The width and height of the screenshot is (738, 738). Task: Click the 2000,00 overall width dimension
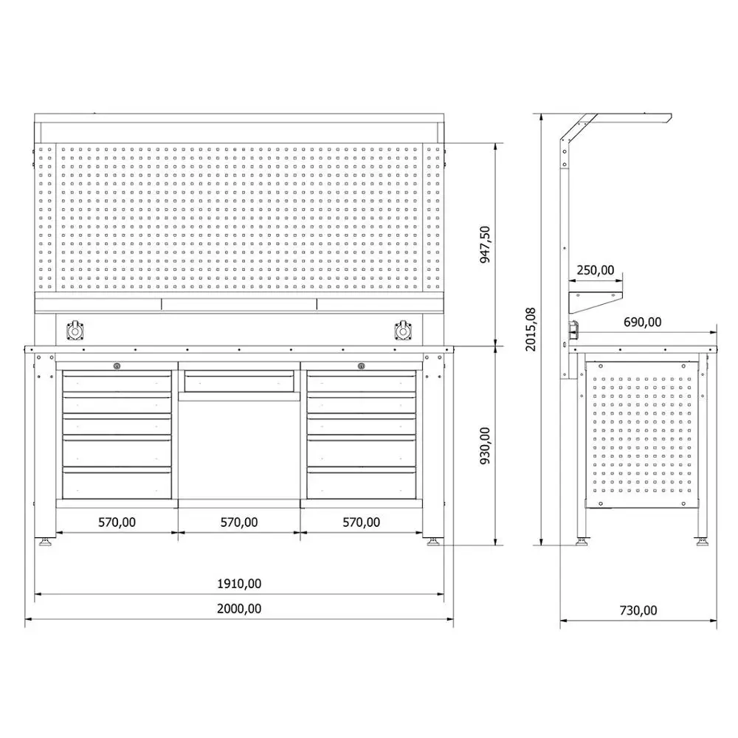pyautogui.click(x=239, y=608)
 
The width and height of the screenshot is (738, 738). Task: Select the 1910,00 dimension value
pyautogui.click(x=239, y=583)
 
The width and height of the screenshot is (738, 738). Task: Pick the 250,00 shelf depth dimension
pyautogui.click(x=596, y=270)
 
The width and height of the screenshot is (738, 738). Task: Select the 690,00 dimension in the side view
pyautogui.click(x=642, y=321)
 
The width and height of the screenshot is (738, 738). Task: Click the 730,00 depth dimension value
pyautogui.click(x=638, y=610)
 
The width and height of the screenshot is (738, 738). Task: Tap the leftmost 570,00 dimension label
pyautogui.click(x=117, y=522)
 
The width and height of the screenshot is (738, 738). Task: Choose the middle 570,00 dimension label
pyautogui.click(x=239, y=522)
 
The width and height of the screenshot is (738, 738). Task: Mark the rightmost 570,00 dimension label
pyautogui.click(x=361, y=522)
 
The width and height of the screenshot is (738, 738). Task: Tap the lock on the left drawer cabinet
pyautogui.click(x=116, y=365)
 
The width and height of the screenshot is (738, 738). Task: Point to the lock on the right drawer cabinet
pyautogui.click(x=362, y=365)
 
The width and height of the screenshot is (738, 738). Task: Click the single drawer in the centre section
pyautogui.click(x=239, y=382)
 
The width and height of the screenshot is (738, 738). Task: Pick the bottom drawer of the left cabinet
pyautogui.click(x=117, y=483)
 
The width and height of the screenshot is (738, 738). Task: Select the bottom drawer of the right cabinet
pyautogui.click(x=362, y=483)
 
